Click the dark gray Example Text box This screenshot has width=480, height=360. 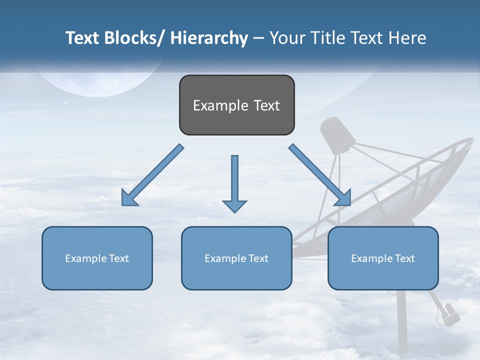pos(236,105)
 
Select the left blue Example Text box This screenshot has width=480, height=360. pos(97,258)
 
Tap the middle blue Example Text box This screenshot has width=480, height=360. pos(236,258)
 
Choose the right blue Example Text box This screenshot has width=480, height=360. pos(383,258)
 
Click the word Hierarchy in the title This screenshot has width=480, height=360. pos(209,38)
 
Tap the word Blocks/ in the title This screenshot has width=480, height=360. pos(135,38)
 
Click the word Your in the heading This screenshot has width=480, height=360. pos(287,38)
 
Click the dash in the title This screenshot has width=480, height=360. pos(258,38)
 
